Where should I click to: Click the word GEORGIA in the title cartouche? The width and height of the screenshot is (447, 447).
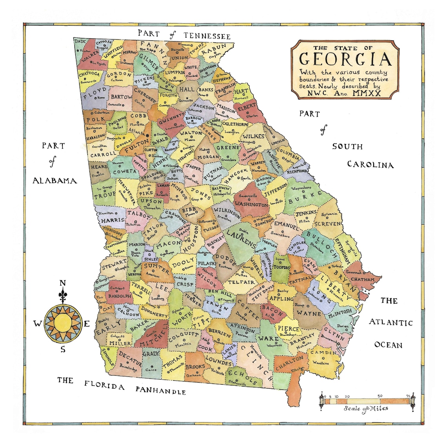(345, 59)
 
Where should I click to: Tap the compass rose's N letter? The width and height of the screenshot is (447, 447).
(62, 283)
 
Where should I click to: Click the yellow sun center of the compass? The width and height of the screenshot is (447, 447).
(63, 323)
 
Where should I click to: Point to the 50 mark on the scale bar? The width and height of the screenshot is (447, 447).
(380, 396)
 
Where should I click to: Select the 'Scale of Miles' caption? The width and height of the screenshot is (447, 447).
(366, 409)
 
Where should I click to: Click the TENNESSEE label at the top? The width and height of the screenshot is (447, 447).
(207, 36)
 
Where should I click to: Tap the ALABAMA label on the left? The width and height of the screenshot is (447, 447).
(55, 181)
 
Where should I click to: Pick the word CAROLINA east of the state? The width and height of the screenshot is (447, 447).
(370, 165)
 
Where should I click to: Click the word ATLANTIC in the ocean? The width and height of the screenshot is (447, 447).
(391, 322)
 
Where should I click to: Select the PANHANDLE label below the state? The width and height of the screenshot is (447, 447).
(161, 391)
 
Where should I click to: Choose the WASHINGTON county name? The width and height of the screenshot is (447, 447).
(251, 204)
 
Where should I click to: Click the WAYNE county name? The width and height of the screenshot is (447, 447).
(309, 313)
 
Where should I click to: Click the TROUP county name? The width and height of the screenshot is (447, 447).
(105, 194)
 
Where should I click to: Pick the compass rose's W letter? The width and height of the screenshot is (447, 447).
(38, 323)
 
